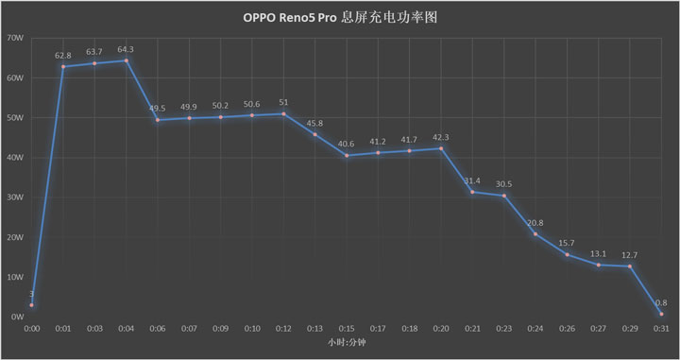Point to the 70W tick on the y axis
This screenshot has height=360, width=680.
tap(15, 38)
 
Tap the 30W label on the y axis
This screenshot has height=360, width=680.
tap(15, 197)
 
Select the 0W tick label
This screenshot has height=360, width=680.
tap(17, 317)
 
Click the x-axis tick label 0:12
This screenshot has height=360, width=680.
tap(283, 329)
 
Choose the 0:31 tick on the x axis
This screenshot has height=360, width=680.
tap(661, 329)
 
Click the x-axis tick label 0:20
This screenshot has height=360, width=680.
tap(441, 329)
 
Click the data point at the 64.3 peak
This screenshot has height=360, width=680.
tap(126, 60)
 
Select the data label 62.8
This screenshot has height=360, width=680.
tap(63, 56)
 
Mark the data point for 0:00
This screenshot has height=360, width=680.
tap(31, 305)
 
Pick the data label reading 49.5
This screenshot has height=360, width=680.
tap(158, 109)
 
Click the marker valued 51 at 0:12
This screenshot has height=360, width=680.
tap(283, 113)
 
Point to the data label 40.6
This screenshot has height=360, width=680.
tap(347, 144)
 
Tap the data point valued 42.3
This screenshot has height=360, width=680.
tap(441, 148)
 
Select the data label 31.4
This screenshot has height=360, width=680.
tap(472, 180)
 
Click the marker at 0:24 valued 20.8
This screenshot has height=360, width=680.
tap(535, 233)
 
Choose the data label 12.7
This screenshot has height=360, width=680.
tap(630, 255)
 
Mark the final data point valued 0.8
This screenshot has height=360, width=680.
tap(661, 314)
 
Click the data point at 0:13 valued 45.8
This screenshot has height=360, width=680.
tap(314, 134)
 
